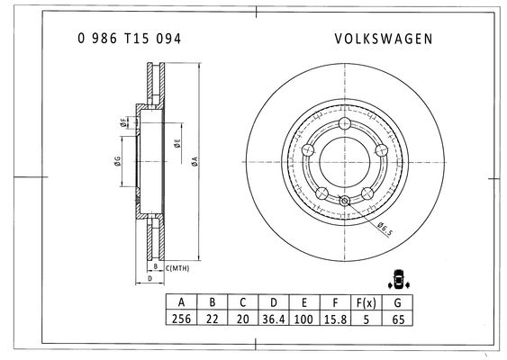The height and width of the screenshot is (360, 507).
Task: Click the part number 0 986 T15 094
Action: [129, 39]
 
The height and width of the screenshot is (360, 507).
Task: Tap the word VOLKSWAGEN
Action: [384, 39]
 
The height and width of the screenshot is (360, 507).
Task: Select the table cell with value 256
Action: [181, 319]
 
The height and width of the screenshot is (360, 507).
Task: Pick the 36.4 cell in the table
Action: [274, 319]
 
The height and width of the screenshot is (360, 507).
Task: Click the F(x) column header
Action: [367, 302]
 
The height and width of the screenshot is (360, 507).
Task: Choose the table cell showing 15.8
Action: [335, 319]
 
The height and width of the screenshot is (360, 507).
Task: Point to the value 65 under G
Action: [398, 319]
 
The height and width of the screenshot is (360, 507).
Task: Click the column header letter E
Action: [304, 302]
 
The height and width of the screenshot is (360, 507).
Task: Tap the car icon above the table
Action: [399, 279]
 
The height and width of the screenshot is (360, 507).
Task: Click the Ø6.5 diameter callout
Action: [385, 229]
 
